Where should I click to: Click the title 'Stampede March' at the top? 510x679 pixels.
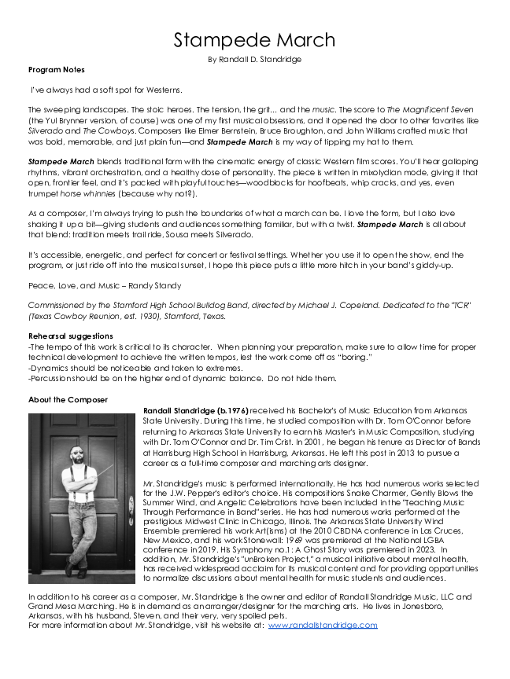point(254,40)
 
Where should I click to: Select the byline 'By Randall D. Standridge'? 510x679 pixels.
point(254,59)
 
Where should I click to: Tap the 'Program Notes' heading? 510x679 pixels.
point(57,70)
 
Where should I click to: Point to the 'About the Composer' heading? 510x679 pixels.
point(68,400)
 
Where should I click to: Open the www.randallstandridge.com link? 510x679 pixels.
point(323,625)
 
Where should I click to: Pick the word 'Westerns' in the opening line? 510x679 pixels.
point(162,90)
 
